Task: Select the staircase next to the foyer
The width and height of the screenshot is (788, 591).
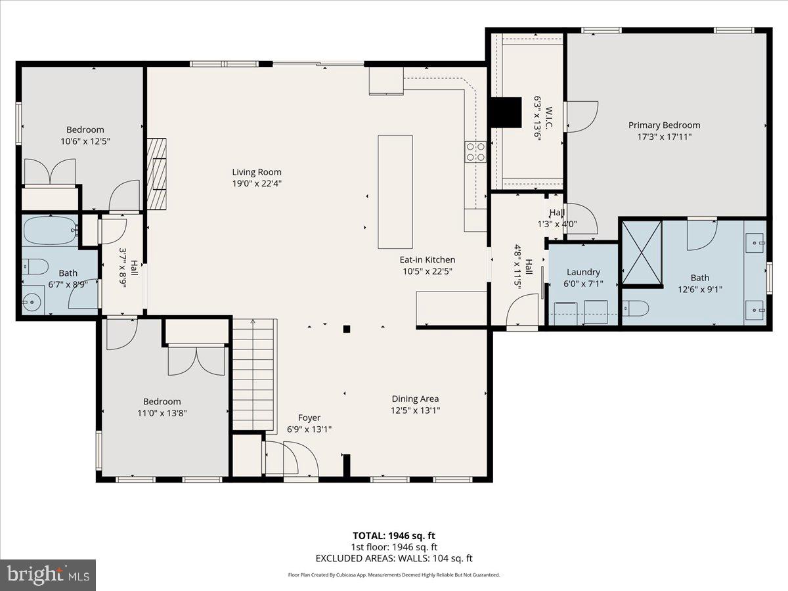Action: click(253, 374)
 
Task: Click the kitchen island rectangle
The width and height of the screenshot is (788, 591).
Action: click(395, 191)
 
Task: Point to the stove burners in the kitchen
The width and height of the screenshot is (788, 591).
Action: click(476, 152)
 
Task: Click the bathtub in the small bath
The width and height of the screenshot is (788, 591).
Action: click(49, 230)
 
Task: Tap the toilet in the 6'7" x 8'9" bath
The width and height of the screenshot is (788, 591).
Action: click(35, 267)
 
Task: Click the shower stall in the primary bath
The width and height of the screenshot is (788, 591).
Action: click(642, 252)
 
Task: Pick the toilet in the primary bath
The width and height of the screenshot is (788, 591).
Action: click(636, 307)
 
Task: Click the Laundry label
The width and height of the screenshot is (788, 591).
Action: click(583, 272)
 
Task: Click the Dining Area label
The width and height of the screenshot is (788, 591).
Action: click(415, 399)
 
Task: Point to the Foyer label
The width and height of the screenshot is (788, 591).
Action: click(309, 418)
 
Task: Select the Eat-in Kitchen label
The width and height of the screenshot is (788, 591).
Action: click(427, 259)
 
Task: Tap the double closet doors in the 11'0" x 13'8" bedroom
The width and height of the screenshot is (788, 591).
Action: click(196, 361)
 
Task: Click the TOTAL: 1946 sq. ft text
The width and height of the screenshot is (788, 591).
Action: click(393, 535)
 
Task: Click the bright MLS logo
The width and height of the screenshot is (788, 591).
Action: click(48, 575)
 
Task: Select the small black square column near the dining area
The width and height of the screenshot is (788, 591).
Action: click(347, 329)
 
